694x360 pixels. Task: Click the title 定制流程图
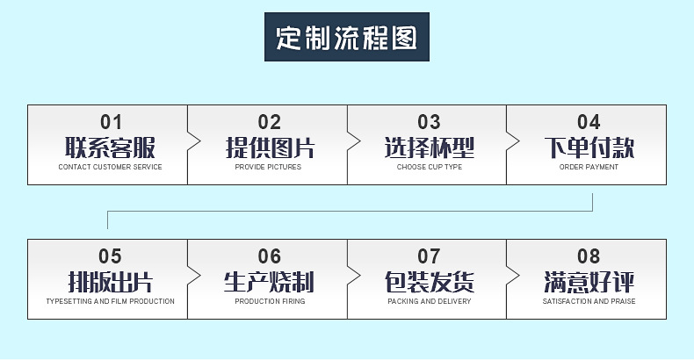[347, 39]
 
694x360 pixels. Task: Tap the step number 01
[111, 122]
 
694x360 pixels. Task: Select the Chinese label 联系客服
[110, 147]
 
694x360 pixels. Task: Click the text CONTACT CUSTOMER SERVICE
[110, 167]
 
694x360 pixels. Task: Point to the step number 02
[269, 122]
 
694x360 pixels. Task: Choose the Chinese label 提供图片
[269, 147]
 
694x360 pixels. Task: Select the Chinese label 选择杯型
[429, 147]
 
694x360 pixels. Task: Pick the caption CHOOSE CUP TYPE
[429, 167]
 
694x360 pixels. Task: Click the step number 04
[589, 122]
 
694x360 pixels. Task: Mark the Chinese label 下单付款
[589, 147]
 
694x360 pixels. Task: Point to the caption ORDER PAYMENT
[589, 167]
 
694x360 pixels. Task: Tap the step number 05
[110, 256]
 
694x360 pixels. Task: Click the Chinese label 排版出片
[110, 282]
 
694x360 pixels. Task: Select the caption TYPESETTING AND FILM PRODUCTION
[110, 301]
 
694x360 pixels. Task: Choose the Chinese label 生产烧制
[269, 282]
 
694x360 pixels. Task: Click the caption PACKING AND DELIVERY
[429, 301]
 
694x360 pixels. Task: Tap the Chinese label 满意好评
[589, 282]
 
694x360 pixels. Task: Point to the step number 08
[589, 256]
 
